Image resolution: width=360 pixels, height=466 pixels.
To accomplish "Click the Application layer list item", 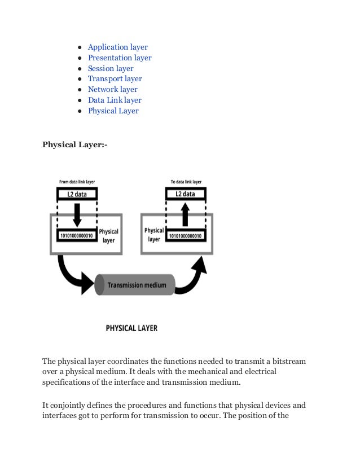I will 117,47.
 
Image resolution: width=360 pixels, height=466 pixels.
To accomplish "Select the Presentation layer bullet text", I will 120,58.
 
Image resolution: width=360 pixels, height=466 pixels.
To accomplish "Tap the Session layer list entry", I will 111,68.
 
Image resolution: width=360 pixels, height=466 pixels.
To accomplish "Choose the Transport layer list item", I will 115,79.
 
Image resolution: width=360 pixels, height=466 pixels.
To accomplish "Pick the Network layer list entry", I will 112,89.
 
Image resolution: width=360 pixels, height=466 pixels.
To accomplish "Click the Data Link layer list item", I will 114,100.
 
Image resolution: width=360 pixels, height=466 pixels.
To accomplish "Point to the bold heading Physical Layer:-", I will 74,144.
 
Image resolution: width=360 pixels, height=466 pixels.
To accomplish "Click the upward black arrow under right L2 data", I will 185,214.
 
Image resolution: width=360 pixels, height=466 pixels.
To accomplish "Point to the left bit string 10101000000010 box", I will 77,236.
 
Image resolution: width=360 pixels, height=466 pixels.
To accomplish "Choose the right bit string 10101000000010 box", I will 185,236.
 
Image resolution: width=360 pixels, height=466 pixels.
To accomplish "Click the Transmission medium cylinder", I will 135,285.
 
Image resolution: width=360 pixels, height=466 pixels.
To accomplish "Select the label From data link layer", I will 77,182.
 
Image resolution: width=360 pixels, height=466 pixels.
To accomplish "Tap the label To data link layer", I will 186,182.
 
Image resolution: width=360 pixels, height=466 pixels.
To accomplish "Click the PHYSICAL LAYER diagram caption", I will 131,328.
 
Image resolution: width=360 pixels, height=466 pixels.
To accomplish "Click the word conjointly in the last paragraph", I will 71,405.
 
